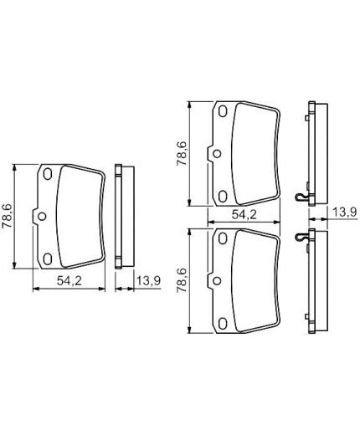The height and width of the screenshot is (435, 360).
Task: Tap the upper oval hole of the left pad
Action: tap(47, 175)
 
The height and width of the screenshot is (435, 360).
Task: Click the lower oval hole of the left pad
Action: tap(47, 258)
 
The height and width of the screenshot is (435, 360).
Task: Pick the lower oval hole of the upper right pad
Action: tap(222, 195)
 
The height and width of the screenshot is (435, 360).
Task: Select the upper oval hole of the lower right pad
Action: tap(222, 240)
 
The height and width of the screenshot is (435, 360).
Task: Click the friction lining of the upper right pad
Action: tap(253, 155)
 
